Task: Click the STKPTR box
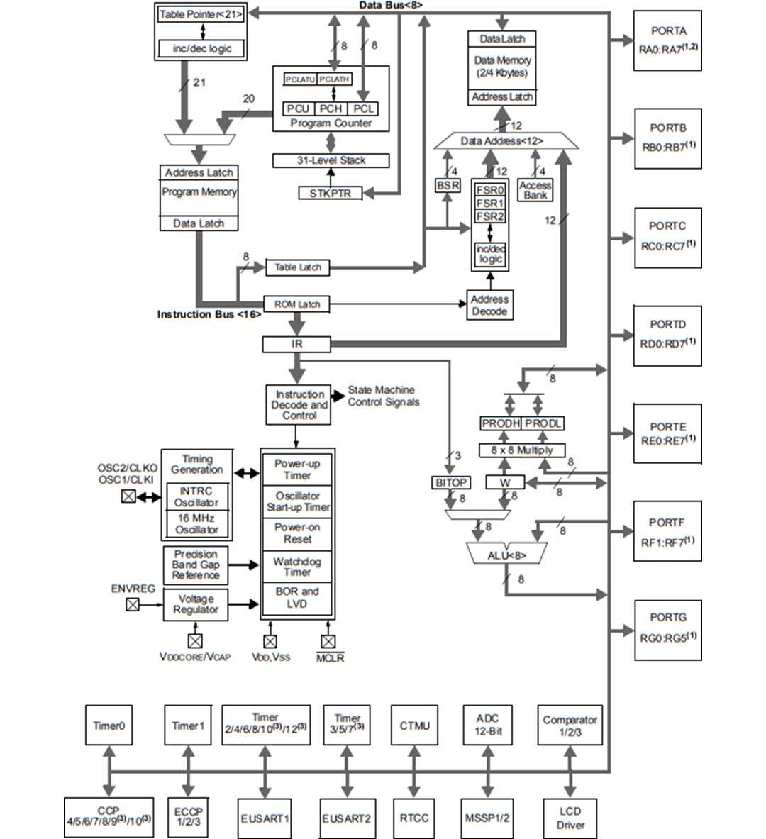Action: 330,193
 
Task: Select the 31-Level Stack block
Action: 331,160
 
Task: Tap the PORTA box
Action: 667,40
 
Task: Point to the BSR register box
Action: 448,185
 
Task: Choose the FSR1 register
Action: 489,203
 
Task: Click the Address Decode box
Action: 489,305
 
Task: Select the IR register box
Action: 296,345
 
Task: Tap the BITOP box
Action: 450,482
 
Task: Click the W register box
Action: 505,482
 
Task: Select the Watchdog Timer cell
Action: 297,566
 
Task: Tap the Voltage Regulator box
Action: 196,604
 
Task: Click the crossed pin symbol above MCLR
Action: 327,641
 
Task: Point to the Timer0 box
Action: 109,725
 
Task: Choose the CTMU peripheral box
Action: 414,725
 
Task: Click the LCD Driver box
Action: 570,818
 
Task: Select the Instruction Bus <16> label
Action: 209,314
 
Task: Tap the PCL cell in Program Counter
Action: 363,109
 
